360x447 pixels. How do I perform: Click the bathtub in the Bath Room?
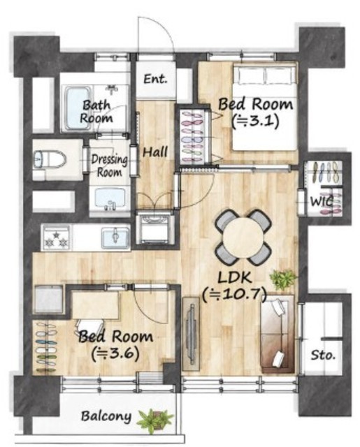point(77,108)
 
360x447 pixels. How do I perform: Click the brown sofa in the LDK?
point(278,334)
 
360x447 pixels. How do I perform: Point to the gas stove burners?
point(56,239)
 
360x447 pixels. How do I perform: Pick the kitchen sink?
point(115,237)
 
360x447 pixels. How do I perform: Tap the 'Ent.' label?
point(155,79)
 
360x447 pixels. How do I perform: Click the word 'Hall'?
point(155,152)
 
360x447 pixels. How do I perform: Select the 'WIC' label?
point(322,202)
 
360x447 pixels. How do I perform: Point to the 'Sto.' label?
point(323,356)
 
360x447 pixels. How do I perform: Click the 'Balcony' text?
point(106,416)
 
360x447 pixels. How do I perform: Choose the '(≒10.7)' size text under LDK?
point(234,295)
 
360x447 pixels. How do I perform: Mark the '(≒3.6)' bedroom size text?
point(115,354)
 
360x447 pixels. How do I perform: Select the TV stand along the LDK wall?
point(191,334)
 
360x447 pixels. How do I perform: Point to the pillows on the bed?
point(266,75)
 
